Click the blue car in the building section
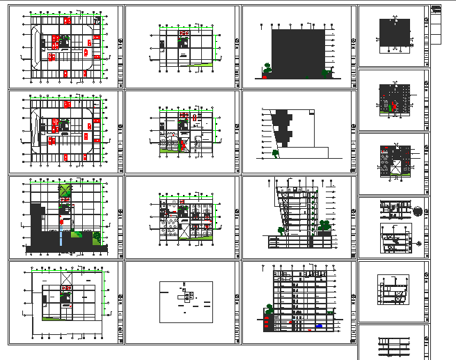pyautogui.click(x=319, y=325)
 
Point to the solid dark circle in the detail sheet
pyautogui.click(x=417, y=211)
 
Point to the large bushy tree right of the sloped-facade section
pyautogui.click(x=324, y=226)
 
